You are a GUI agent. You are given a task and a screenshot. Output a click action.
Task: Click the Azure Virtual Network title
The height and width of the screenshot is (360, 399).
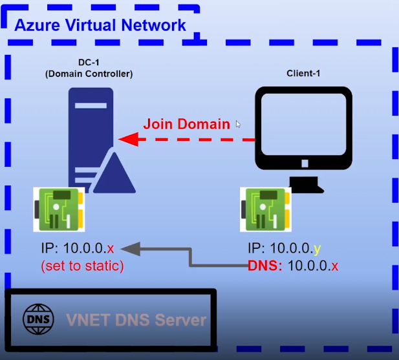click(x=100, y=25)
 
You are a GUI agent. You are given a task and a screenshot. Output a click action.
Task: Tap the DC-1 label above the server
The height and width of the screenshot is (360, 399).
click(x=89, y=62)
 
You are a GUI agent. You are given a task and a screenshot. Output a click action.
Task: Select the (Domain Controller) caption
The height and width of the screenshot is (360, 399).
click(x=89, y=74)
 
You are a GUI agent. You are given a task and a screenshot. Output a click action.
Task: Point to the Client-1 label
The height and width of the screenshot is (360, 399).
click(x=303, y=73)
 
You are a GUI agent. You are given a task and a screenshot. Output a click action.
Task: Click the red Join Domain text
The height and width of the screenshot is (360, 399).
click(x=186, y=124)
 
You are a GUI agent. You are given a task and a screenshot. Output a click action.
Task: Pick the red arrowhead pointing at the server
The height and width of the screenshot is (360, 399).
click(x=129, y=140)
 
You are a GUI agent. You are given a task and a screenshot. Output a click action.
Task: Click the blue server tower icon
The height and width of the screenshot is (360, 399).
click(x=91, y=140)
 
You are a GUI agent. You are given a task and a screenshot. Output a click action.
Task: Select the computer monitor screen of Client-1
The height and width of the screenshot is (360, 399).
click(x=303, y=124)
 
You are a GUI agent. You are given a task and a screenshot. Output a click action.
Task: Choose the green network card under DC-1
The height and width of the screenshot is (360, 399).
click(x=59, y=209)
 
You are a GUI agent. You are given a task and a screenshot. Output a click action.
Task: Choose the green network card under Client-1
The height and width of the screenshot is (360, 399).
click(x=266, y=209)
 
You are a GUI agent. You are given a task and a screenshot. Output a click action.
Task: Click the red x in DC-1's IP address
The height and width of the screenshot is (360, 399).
click(x=111, y=248)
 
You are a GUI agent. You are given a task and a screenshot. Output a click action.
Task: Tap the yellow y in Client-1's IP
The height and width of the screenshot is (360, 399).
click(x=317, y=249)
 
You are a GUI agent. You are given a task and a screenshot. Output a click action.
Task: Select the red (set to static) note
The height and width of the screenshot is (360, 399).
click(x=82, y=266)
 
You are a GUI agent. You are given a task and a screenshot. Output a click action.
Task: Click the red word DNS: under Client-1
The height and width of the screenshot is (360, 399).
click(x=265, y=266)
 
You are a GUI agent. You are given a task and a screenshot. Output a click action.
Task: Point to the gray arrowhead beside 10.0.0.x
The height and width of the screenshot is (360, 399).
click(x=130, y=249)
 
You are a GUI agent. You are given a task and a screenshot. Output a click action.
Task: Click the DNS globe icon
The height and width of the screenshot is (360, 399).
click(x=38, y=319)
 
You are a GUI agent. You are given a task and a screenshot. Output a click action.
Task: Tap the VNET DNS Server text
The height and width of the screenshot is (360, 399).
click(x=136, y=320)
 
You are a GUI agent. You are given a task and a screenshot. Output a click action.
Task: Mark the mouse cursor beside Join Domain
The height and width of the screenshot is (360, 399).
click(x=238, y=124)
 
